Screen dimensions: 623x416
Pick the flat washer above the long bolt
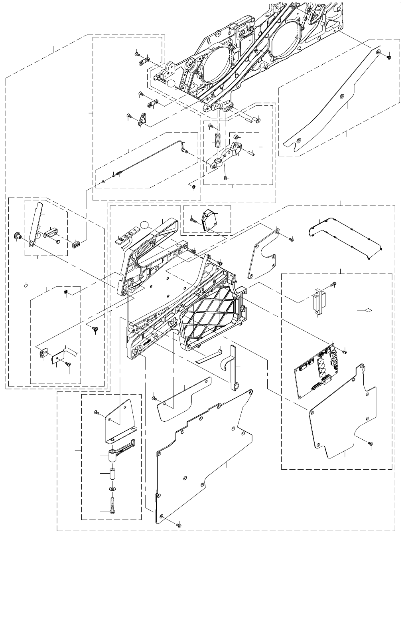pos(113,489)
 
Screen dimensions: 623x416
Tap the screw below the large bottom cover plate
pos(179,525)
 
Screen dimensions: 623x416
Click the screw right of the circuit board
pos(345,352)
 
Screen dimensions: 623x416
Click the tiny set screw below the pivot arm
pos(225,178)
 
